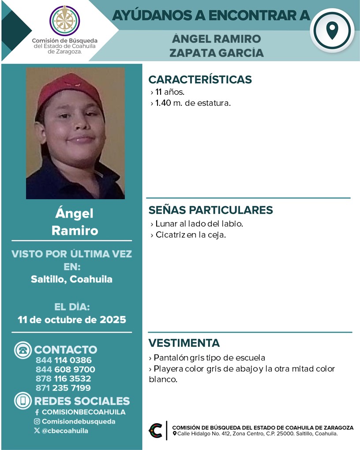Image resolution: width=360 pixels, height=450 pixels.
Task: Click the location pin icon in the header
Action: [332, 30]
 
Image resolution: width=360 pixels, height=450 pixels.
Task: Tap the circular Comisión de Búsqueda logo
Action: [65, 20]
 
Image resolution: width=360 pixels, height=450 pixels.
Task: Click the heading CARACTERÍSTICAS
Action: [200, 79]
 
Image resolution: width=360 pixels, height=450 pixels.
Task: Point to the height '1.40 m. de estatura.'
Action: [193, 104]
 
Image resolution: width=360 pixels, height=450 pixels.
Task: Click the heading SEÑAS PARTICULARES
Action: [210, 210]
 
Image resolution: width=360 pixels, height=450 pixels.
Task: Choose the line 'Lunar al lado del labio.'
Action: [199, 223]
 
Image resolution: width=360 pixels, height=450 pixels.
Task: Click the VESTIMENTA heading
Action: [184, 343]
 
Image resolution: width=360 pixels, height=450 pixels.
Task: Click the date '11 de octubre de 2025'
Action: [72, 320]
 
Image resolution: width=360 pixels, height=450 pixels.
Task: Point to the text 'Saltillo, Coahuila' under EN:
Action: [71, 279]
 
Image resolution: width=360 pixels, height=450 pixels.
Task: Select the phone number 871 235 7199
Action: [63, 388]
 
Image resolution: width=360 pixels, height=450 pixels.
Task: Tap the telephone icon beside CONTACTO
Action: [23, 350]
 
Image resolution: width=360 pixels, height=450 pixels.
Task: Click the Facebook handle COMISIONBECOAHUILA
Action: [83, 412]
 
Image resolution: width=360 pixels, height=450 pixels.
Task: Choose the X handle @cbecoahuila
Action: [64, 431]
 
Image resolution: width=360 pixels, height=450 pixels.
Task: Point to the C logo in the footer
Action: [156, 431]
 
